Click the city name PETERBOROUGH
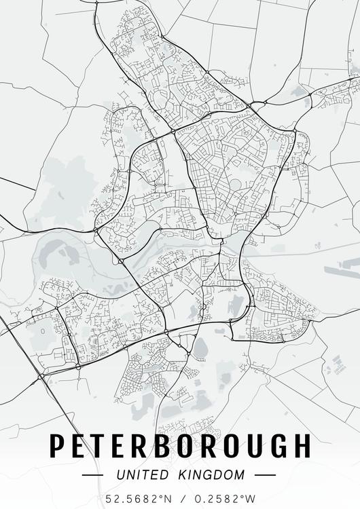(180, 445)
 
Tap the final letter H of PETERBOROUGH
(300, 445)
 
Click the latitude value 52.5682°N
(138, 499)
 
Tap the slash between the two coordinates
(180, 499)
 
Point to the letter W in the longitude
(251, 499)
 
